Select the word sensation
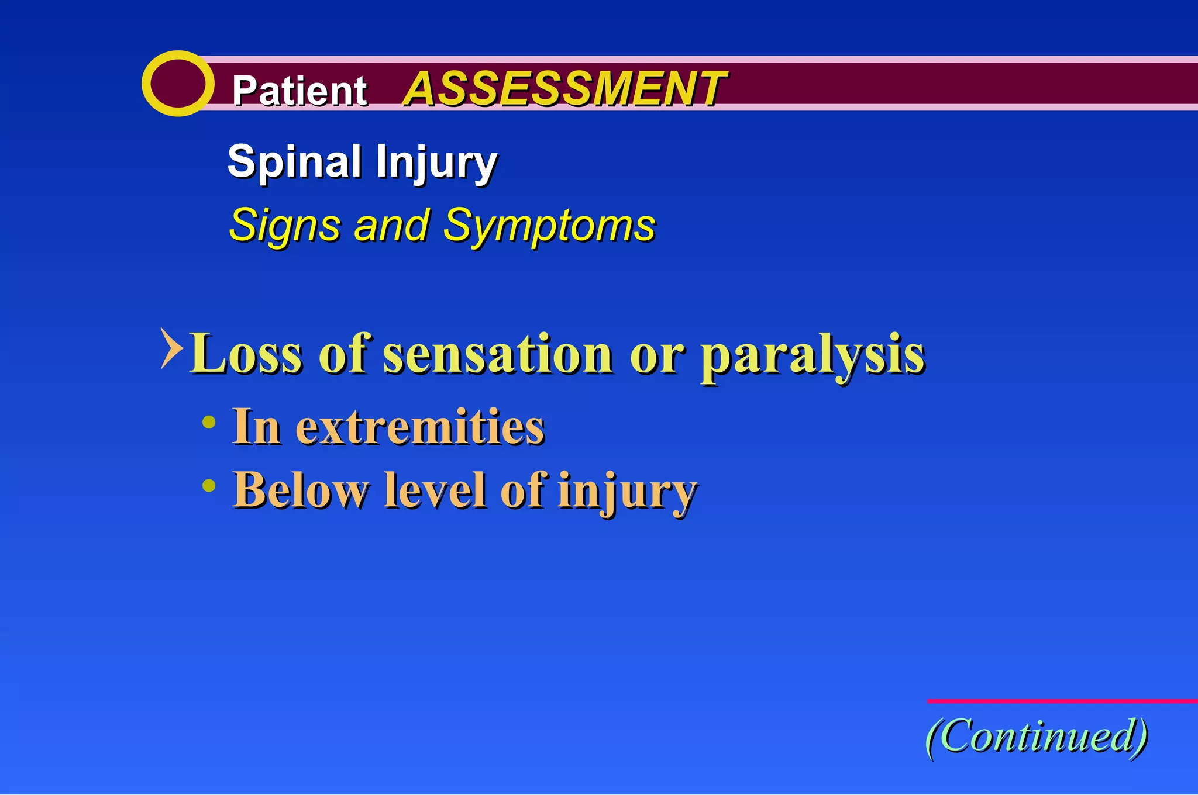pyautogui.click(x=497, y=354)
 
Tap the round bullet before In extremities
pyautogui.click(x=209, y=423)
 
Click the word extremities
pyautogui.click(x=419, y=427)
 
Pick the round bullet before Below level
pyautogui.click(x=209, y=485)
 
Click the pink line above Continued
pyautogui.click(x=1062, y=700)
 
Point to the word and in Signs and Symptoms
pyautogui.click(x=391, y=226)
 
